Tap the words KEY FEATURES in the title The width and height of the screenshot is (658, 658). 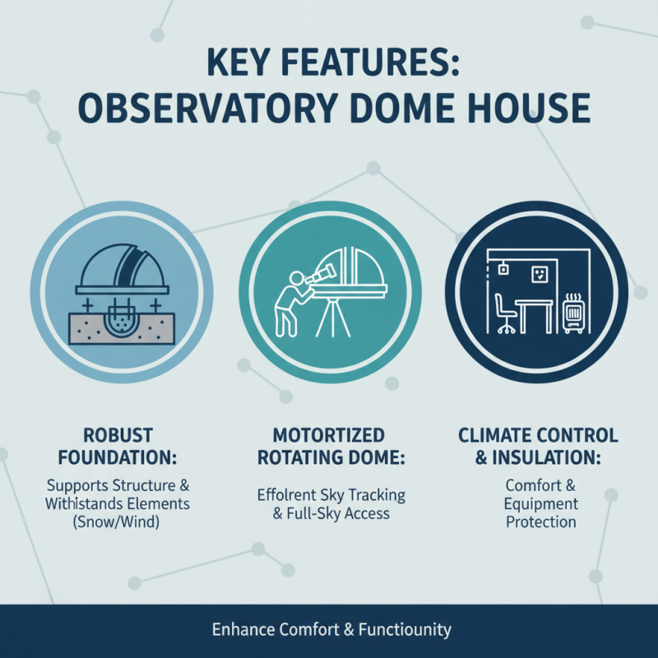pos(328,63)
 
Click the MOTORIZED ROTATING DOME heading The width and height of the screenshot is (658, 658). pos(329,445)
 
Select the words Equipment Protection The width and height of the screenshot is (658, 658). pos(541,512)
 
